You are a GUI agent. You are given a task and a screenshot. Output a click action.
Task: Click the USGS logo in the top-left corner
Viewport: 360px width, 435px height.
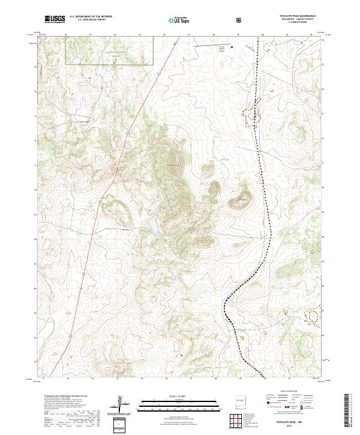pyautogui.click(x=55, y=19)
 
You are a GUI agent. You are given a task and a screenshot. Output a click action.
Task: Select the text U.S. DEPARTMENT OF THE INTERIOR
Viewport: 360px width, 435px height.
pyautogui.click(x=91, y=16)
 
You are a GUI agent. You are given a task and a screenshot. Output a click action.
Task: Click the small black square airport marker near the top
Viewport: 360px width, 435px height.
pyautogui.click(x=232, y=46)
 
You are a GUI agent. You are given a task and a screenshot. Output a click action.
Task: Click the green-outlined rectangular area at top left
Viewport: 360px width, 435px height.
pyautogui.click(x=109, y=49)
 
